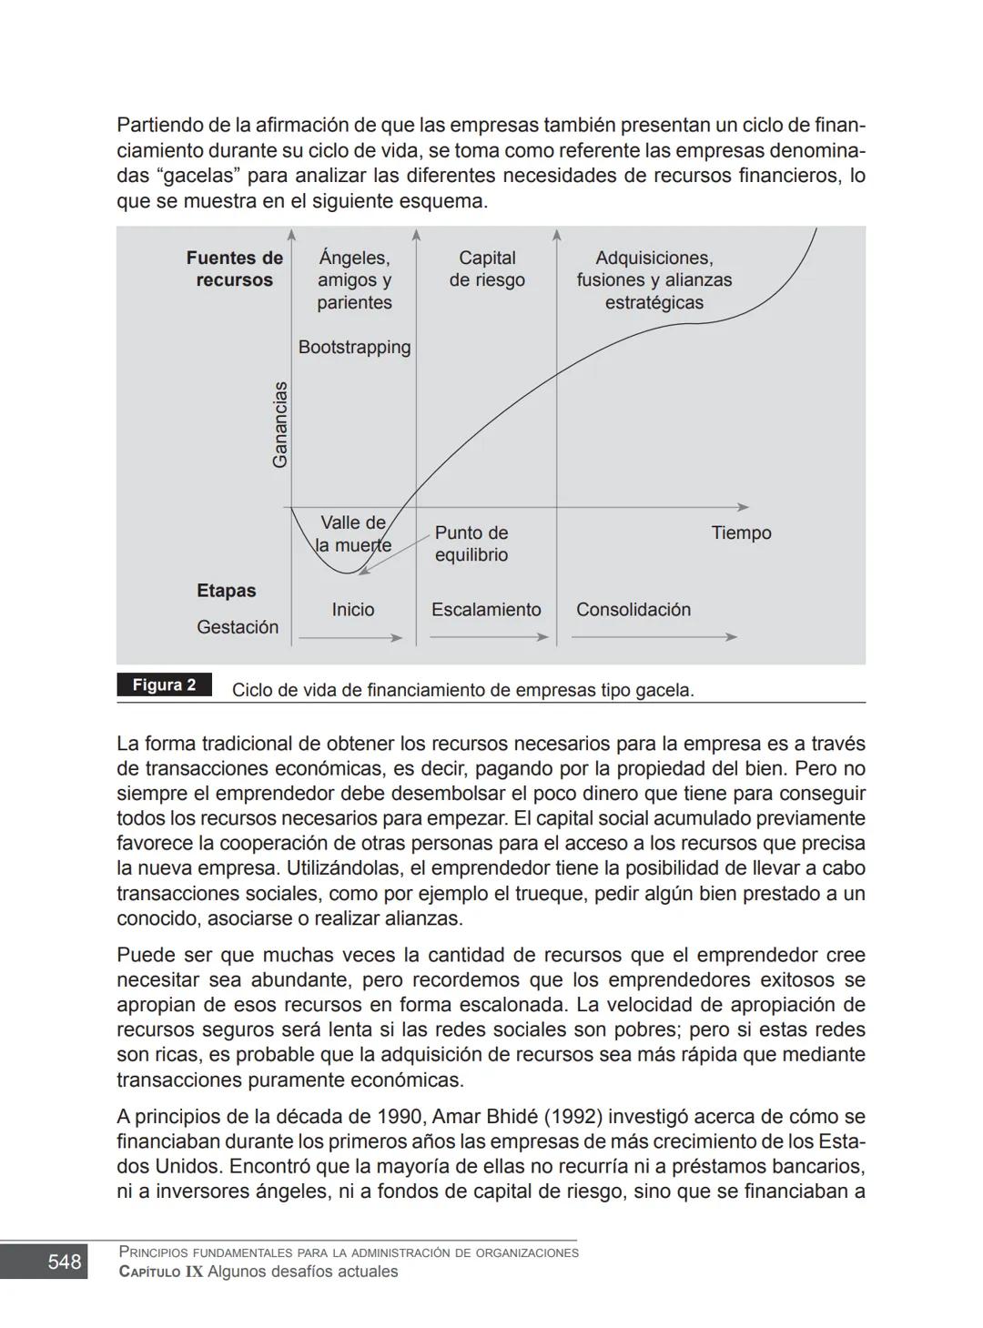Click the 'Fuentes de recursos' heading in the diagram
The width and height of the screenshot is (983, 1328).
tap(235, 269)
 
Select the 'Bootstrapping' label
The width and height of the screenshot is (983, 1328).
tap(354, 348)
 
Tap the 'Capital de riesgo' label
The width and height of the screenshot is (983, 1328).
tap(487, 269)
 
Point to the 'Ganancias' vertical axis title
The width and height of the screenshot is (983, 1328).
tap(280, 424)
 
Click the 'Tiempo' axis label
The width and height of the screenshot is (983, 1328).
tap(741, 533)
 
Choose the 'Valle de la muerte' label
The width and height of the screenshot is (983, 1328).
tap(353, 534)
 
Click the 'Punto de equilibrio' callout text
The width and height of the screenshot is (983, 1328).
tap(471, 544)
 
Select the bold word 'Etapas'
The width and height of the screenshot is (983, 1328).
tap(227, 591)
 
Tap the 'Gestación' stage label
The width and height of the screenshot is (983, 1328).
tap(238, 627)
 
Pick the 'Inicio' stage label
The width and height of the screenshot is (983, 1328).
tap(353, 610)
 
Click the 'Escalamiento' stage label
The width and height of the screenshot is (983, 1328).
tap(486, 610)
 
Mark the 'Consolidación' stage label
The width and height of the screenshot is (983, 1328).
tap(633, 610)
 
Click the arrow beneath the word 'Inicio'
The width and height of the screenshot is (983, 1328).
tap(350, 638)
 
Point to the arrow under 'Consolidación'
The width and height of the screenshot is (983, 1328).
tap(654, 637)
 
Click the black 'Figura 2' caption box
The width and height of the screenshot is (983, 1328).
tap(164, 685)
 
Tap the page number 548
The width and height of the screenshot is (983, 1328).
tap(65, 1262)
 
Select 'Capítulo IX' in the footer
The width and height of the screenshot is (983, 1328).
tap(161, 1272)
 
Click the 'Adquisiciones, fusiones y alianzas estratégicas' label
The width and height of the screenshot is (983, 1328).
tap(654, 280)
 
